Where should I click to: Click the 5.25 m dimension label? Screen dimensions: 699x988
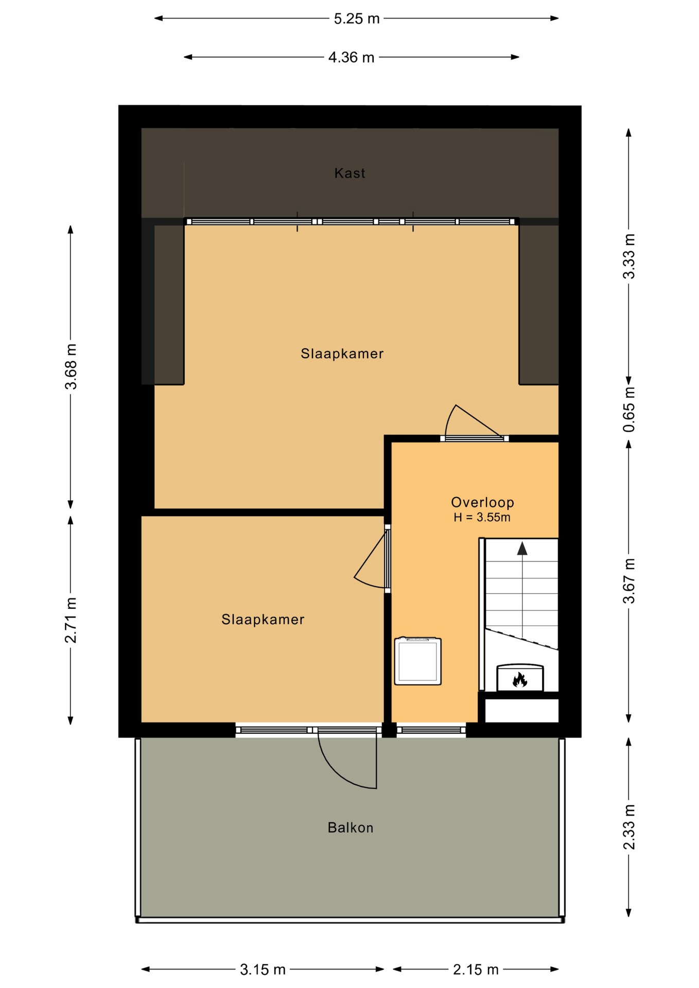356,19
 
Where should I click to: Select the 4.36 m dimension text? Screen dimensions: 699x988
351,58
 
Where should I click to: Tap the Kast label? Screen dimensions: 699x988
350,173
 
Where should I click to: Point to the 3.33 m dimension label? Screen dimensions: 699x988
629,256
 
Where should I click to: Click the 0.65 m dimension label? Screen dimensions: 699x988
629,410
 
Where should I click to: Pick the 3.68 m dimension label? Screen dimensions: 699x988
71,366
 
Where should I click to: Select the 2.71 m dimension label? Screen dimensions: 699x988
71,620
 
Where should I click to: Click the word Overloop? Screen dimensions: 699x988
482,502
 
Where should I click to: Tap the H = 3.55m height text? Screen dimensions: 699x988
482,518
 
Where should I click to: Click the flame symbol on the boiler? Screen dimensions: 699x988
520,680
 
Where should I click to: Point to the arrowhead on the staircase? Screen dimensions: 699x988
522,549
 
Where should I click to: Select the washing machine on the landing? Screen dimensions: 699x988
418,661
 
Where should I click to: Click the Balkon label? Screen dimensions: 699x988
351,828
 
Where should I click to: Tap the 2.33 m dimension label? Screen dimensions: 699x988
629,827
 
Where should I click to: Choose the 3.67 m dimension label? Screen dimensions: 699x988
629,581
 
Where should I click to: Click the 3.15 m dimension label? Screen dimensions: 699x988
263,970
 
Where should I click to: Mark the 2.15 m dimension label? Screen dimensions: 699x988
476,970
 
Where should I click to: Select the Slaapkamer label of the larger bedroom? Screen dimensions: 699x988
342,354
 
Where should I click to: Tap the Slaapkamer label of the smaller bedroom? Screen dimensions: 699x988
263,620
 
